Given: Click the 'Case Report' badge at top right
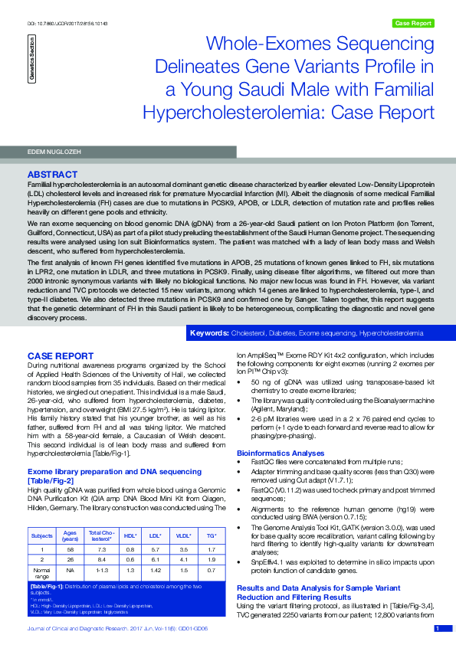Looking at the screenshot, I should [x=412, y=23].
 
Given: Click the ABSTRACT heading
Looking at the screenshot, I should [x=53, y=175].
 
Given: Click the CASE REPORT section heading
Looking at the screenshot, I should [x=61, y=356].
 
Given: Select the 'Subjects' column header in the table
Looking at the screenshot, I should [x=42, y=536].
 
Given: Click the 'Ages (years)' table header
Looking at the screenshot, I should [x=70, y=536].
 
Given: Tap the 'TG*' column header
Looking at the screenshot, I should [x=211, y=536].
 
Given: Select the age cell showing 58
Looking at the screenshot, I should [x=70, y=549].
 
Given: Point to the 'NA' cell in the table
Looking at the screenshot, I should [x=70, y=571].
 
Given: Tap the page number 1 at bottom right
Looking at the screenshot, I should [x=438, y=628].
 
